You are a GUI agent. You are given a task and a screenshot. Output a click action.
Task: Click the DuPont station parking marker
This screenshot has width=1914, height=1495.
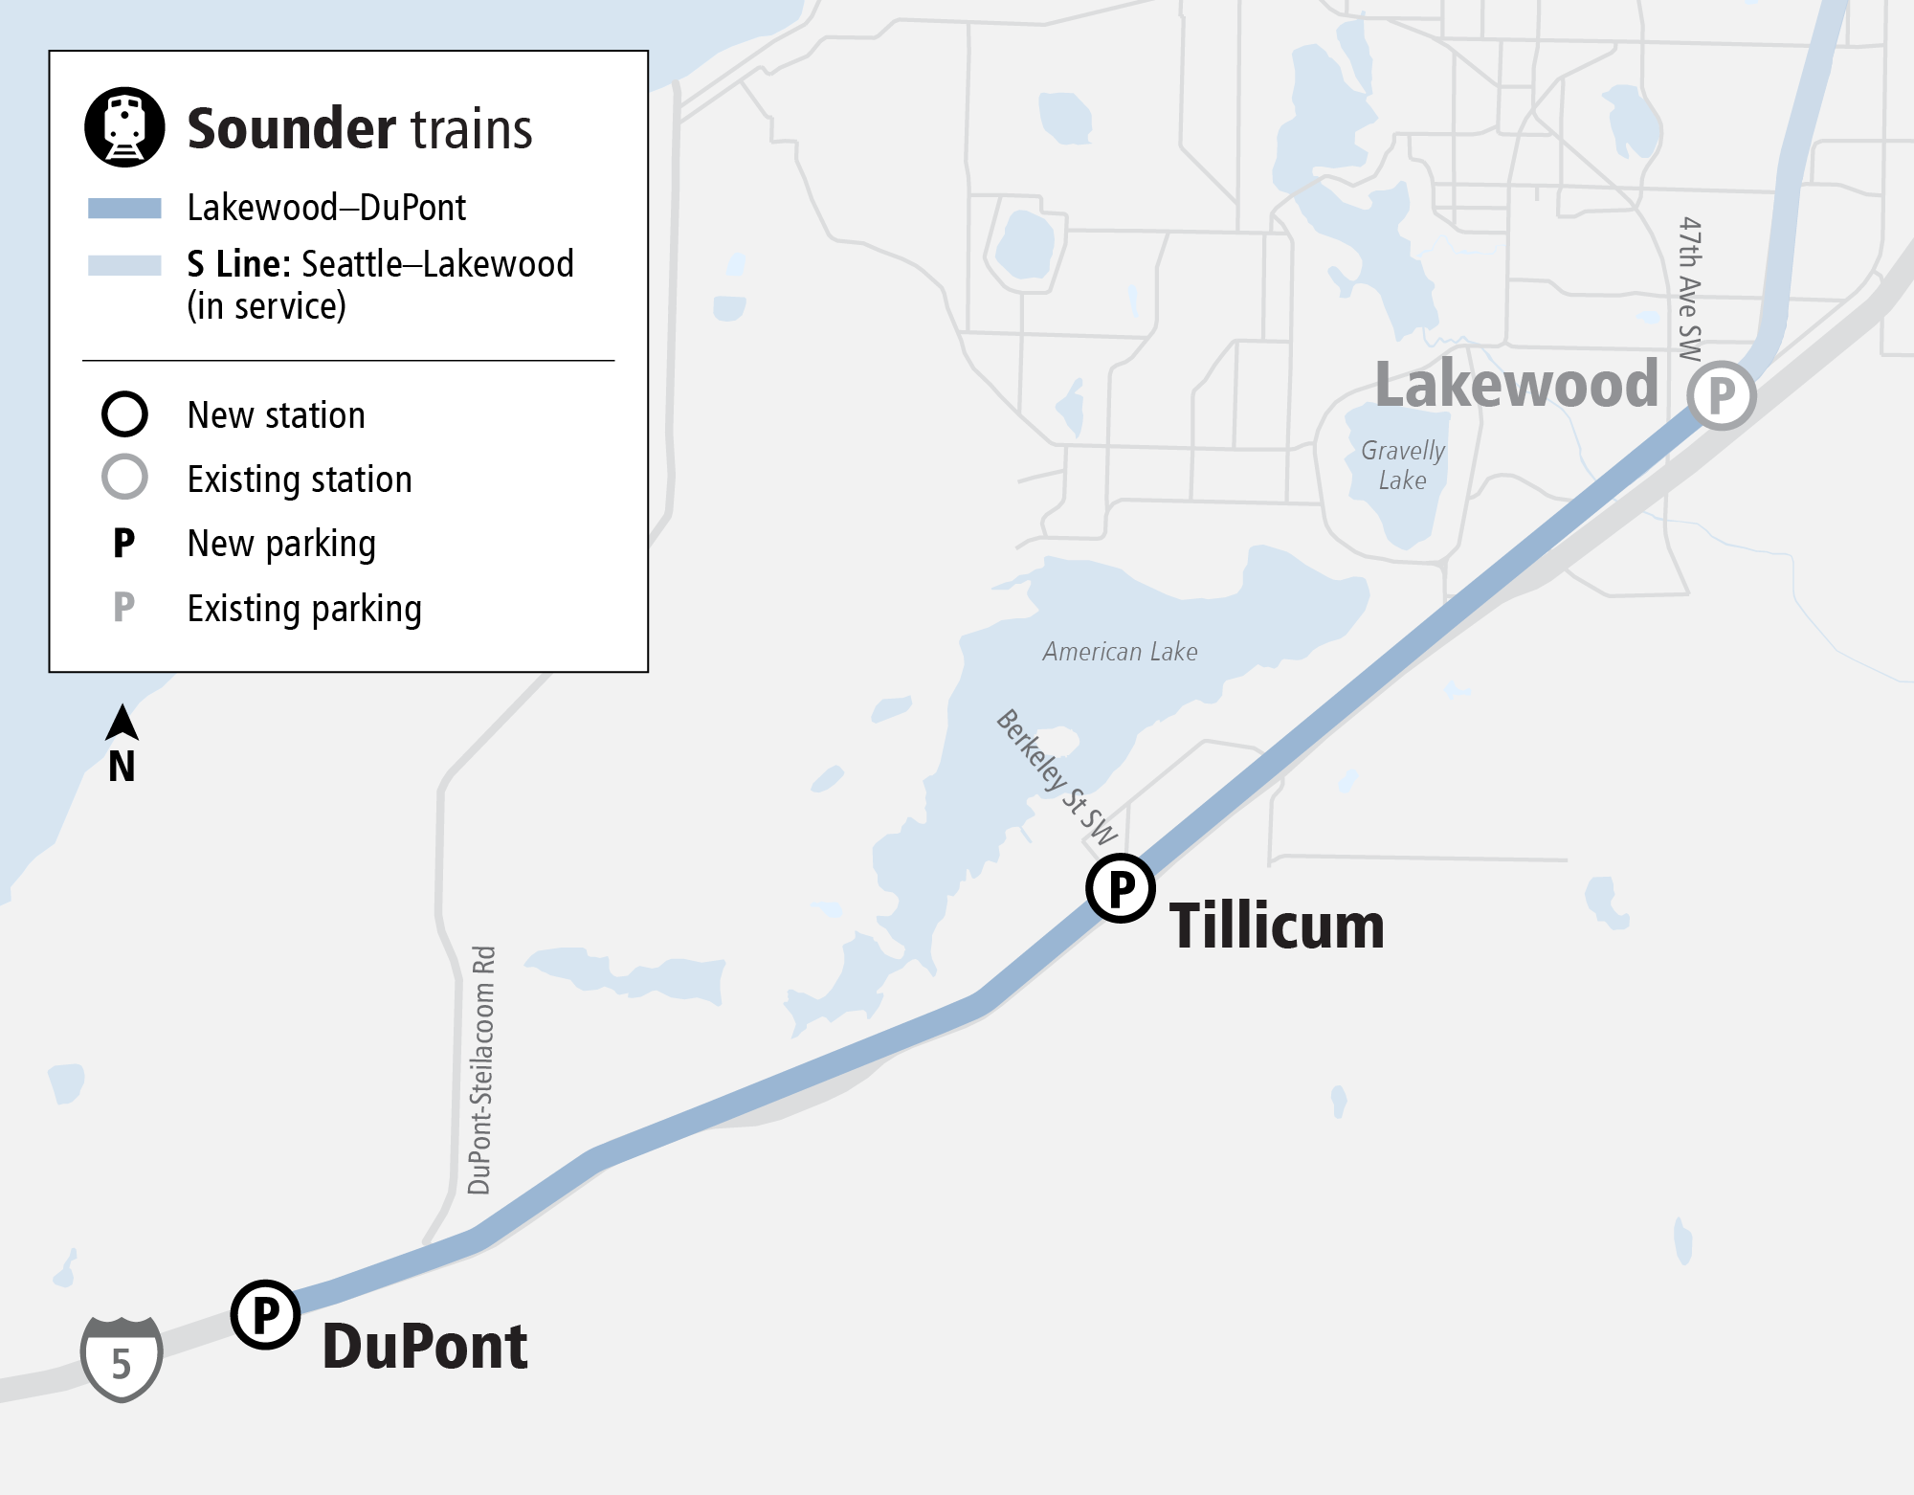click(x=266, y=1314)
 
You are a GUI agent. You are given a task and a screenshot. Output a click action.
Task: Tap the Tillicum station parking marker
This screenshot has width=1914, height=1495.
click(x=1121, y=888)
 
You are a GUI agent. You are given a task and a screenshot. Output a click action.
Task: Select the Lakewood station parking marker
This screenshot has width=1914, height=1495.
click(x=1721, y=395)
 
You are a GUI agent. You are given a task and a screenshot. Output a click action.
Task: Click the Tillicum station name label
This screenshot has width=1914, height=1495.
click(x=1277, y=926)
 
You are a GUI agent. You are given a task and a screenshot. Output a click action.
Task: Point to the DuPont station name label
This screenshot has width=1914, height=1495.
click(x=425, y=1347)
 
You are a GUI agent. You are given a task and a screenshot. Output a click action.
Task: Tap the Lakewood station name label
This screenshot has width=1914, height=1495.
click(x=1517, y=385)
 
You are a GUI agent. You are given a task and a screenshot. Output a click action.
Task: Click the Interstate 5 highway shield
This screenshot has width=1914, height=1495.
click(x=122, y=1359)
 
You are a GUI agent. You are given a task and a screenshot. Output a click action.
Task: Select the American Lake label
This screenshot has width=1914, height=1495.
click(x=1120, y=652)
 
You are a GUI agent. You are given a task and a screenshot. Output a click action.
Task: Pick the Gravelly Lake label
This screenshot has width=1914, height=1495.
click(x=1403, y=465)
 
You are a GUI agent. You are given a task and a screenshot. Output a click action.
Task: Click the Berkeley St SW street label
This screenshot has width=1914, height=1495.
click(x=1057, y=776)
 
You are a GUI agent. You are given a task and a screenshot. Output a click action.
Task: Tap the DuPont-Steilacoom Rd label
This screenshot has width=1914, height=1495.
click(x=481, y=1070)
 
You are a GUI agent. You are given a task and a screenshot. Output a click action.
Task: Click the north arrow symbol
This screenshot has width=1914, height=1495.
click(x=122, y=724)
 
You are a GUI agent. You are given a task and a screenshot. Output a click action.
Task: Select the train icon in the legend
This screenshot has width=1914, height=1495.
click(x=124, y=127)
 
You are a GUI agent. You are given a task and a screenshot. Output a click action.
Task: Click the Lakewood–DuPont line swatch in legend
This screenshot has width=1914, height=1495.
click(x=124, y=208)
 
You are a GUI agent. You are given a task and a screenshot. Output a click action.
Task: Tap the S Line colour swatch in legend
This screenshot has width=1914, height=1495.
click(x=124, y=265)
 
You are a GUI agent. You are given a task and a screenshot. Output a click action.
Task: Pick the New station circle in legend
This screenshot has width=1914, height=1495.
click(x=124, y=414)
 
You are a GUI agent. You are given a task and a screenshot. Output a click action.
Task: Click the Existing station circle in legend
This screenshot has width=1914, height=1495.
click(x=124, y=477)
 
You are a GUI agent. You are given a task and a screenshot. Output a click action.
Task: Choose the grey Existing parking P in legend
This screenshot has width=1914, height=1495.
click(x=124, y=607)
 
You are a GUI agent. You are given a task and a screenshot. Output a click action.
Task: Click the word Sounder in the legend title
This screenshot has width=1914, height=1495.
click(x=290, y=129)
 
